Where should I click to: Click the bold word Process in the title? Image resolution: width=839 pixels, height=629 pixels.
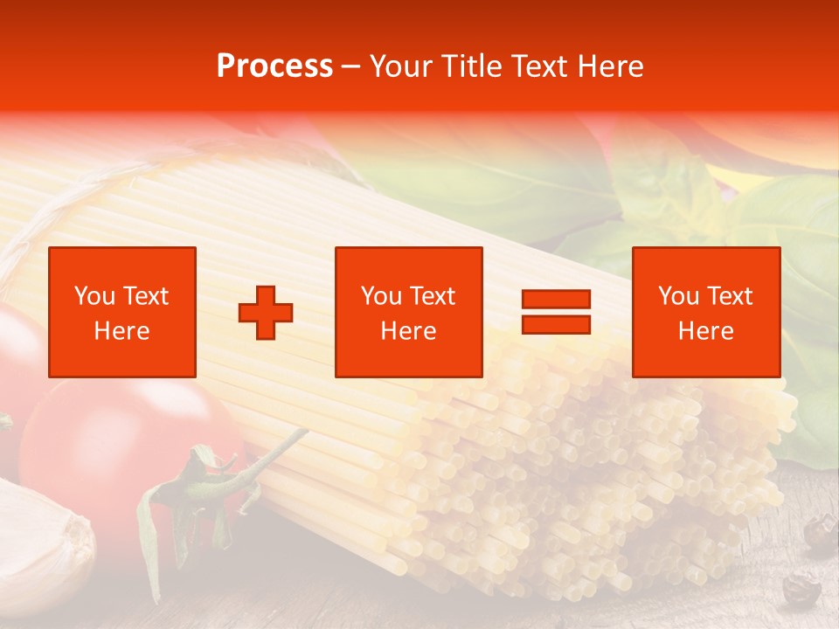point(274,66)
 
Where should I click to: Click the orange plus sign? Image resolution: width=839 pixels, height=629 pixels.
point(266,313)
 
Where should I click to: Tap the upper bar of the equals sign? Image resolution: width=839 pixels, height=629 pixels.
point(556,300)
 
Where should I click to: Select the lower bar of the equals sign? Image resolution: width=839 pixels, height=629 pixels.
point(556,325)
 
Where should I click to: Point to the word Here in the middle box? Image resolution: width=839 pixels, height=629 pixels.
point(408,331)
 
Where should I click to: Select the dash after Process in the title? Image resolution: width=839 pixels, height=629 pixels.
point(350,67)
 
